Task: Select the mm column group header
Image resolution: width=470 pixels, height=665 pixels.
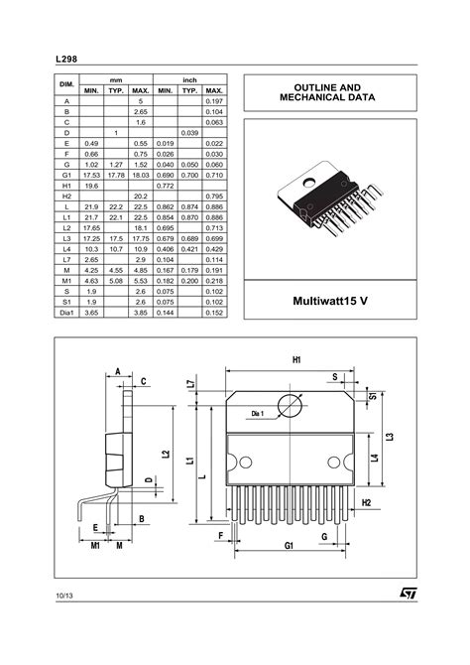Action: [116, 77]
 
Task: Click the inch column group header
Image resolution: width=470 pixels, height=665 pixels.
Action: [189, 77]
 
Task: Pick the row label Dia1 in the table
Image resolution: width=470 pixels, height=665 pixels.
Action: [67, 313]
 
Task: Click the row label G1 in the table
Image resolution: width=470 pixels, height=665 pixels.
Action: [67, 174]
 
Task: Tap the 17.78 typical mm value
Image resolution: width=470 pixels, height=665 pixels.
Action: [116, 174]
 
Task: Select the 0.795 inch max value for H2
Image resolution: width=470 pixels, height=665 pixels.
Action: [213, 197]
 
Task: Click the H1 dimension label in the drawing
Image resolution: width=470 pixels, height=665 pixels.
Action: [295, 359]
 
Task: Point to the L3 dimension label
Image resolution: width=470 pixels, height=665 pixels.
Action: [391, 438]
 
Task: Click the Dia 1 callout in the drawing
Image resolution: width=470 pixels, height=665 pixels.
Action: [257, 413]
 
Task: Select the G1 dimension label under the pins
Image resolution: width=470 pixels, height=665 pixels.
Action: [290, 545]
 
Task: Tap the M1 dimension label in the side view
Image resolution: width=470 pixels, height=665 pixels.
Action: [96, 545]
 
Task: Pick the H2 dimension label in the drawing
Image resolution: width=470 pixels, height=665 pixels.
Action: [365, 503]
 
